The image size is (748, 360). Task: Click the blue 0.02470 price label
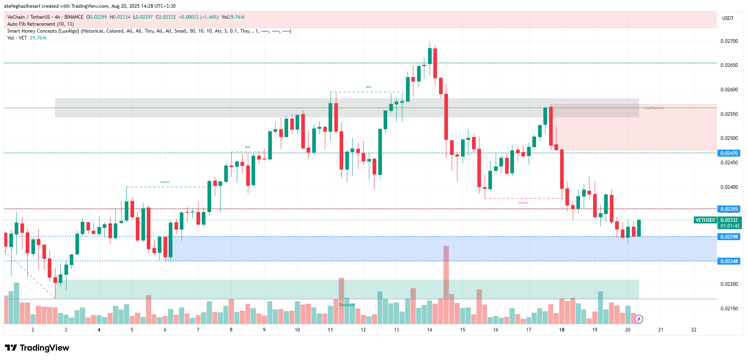(728, 153)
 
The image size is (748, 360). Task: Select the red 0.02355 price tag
(728, 209)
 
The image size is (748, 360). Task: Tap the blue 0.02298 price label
(728, 237)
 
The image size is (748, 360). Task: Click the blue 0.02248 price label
(728, 261)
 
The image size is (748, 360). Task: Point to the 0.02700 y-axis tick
(729, 41)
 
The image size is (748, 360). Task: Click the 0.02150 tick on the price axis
(729, 309)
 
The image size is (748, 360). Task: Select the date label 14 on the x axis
(429, 330)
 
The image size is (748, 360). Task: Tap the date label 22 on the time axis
(694, 330)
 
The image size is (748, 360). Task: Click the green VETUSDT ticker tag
(705, 220)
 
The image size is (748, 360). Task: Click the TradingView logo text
(38, 348)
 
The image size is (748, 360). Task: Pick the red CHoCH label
(523, 203)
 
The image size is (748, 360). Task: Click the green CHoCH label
(165, 182)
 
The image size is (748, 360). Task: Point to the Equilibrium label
(654, 108)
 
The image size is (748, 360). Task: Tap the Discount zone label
(347, 305)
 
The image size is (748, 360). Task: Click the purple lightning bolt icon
(639, 319)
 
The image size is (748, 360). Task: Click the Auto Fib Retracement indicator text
(40, 24)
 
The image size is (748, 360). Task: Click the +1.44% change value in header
(209, 17)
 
